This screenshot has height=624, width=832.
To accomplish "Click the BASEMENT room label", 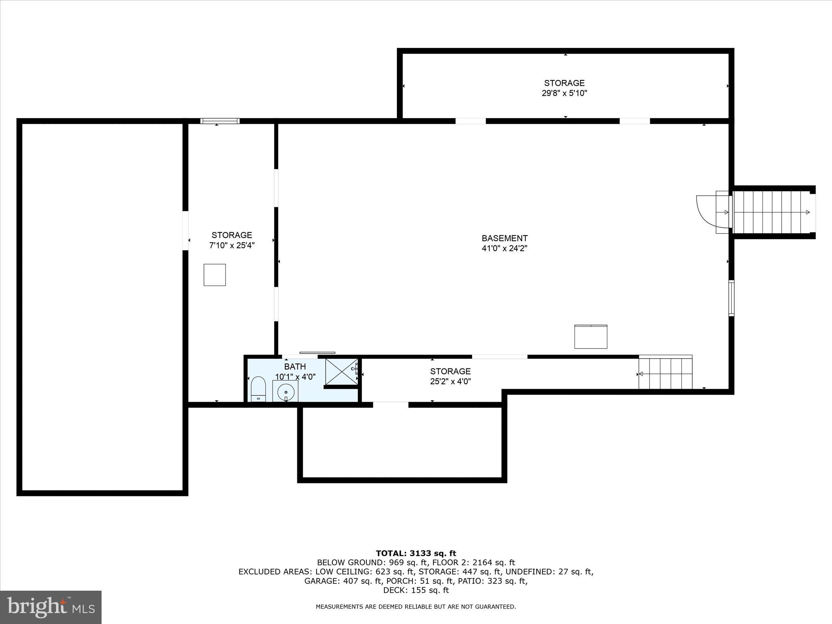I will pos(505,238).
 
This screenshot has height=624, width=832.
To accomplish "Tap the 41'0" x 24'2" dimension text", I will pos(505,248).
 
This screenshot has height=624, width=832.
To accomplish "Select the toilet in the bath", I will pos(258,389).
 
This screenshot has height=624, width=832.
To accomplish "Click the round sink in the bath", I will pos(286,392).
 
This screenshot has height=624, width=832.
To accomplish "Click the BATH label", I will pos(295,367).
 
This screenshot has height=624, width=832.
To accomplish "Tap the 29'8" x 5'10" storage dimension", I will pos(564,93).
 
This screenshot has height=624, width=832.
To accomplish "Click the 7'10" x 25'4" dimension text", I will pos(232,245).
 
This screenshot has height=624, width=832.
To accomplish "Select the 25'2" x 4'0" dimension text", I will pos(450,381).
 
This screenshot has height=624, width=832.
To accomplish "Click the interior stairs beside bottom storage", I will pos(665,373).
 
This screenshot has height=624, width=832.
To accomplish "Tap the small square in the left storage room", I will pos(214,275).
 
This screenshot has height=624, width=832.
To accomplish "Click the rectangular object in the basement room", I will pos(591,336).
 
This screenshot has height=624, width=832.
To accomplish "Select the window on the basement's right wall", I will pos(731,298).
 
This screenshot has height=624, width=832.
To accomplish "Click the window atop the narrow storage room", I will pos(220,121).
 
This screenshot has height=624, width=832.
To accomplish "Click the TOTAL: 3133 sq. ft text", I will pos(416,553).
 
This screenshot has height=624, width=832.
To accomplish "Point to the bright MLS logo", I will pos(51,607).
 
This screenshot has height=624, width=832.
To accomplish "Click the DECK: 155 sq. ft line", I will pos(416,590).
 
